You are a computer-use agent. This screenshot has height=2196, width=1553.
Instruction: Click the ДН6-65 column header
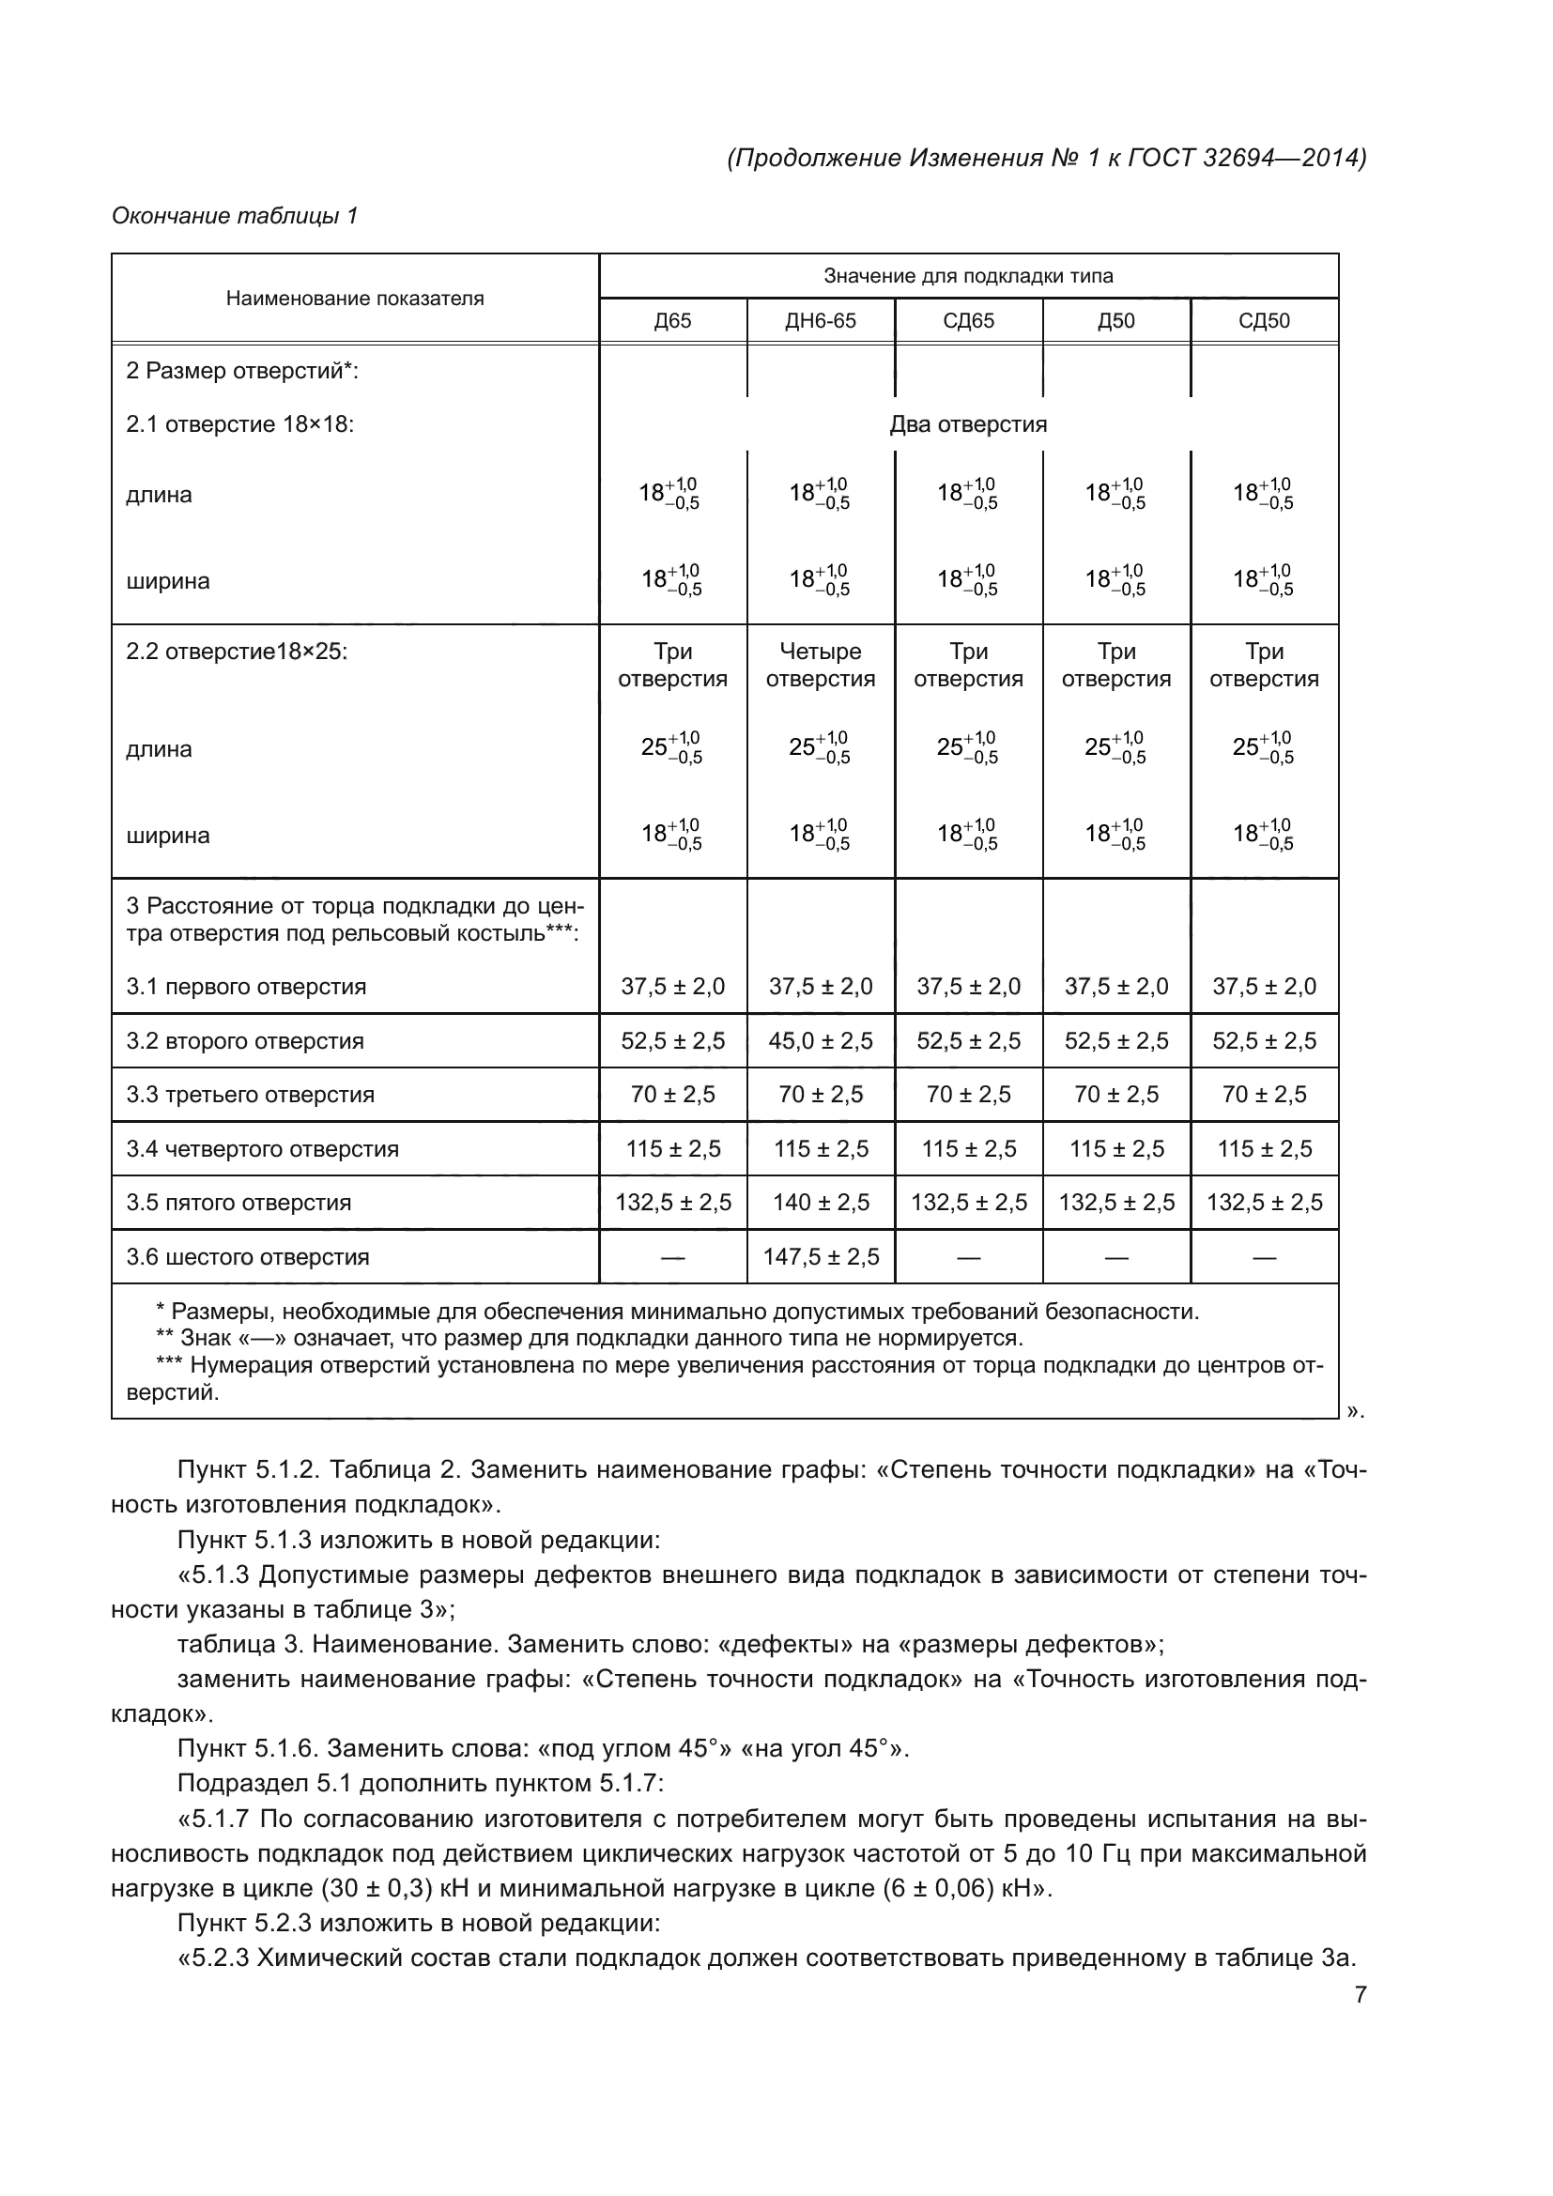tap(821, 320)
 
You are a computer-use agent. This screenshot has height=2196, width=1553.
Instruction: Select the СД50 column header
tap(1263, 320)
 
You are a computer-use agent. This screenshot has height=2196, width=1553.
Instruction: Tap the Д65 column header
tap(672, 320)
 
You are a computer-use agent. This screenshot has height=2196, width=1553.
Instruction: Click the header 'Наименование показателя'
tap(355, 299)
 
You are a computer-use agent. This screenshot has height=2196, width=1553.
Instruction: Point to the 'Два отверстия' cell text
tap(968, 424)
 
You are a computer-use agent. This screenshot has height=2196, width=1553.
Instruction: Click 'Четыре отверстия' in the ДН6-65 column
tap(821, 665)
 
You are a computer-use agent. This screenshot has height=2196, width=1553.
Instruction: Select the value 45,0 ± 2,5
tap(821, 1040)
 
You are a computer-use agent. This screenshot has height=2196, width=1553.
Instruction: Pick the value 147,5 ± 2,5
tap(821, 1257)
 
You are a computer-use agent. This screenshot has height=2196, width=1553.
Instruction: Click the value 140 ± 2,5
tap(821, 1203)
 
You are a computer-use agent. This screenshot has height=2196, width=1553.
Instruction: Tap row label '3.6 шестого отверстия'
tap(248, 1257)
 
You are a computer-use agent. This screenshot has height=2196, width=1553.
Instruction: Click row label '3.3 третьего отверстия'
tap(251, 1094)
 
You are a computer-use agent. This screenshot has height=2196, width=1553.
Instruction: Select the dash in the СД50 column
tap(1263, 1258)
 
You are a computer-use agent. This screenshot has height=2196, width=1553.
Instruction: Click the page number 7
tap(1360, 1995)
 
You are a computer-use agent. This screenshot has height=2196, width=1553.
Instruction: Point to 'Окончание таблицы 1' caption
tap(235, 216)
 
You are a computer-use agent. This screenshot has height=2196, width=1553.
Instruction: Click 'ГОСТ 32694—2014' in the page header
tap(1243, 158)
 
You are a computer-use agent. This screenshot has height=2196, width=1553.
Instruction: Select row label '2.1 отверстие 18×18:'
tap(240, 424)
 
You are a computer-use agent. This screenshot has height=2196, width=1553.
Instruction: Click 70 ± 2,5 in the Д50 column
tap(1116, 1094)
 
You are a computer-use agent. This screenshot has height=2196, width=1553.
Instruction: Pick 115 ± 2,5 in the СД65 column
tap(968, 1148)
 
